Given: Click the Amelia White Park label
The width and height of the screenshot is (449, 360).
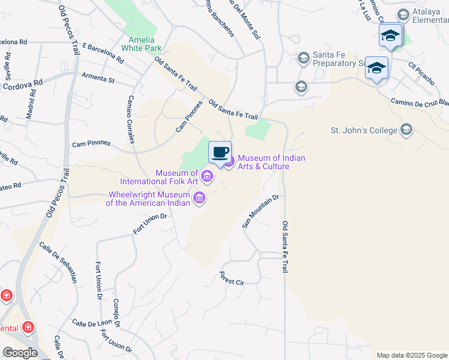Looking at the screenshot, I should coord(142,44).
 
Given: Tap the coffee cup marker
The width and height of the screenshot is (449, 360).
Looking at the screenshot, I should coord(220,152).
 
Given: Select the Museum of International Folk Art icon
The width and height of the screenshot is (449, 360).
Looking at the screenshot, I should coord(207,176).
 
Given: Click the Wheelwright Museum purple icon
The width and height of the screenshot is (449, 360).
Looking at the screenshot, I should coord(200,198).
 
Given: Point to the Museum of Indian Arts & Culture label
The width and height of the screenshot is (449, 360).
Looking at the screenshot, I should coord(271,162).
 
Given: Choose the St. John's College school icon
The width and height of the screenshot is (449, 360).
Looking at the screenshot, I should coord(407,130).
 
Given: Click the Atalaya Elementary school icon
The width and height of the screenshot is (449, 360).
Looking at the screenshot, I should coord(403,14).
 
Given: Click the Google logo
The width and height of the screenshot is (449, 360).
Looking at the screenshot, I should coord(19,353).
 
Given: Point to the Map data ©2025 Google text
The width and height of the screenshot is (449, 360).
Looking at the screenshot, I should coord(411,355).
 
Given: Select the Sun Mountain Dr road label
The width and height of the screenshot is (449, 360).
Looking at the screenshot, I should coord(261,211).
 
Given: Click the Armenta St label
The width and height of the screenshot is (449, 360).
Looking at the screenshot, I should coord(98,78).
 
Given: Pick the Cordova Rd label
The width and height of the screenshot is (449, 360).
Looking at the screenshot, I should coord(23,85).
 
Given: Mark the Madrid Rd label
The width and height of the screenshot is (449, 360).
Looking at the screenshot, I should coord(30,105).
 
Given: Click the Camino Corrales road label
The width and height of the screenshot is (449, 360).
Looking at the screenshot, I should coord(130,120).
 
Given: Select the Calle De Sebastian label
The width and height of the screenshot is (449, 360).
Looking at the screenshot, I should coord(58,262).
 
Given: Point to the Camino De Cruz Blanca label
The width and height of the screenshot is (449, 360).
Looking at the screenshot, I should coord(420,102).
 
